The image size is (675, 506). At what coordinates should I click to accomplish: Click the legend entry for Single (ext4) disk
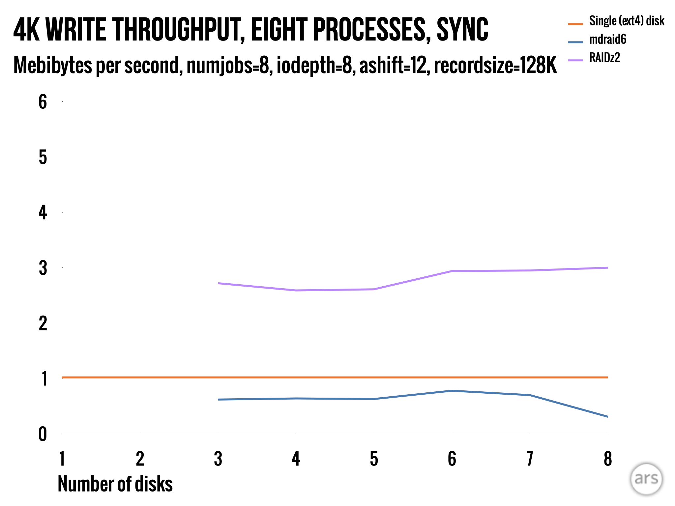point(626,21)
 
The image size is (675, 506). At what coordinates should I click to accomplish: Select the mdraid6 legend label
point(607,40)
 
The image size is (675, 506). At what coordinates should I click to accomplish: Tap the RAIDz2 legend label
point(604,58)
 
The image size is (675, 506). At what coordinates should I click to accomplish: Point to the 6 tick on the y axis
point(43,102)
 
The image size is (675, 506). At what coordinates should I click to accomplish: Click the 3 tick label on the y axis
point(43,268)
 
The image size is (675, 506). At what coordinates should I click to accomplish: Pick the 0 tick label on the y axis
point(43,434)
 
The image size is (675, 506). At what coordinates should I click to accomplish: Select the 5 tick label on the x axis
point(374,459)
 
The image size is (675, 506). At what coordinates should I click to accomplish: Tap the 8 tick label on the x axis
point(607,459)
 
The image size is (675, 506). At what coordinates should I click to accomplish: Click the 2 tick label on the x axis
point(140,459)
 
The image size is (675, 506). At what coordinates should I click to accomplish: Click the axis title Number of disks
point(115,484)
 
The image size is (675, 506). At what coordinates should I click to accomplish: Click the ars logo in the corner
point(646,479)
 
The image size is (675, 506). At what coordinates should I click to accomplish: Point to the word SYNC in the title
point(462,30)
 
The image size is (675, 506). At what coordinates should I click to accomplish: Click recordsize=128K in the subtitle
point(495,65)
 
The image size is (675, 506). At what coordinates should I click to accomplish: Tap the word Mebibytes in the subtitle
point(53,65)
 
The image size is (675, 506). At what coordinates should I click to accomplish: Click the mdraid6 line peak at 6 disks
point(452,391)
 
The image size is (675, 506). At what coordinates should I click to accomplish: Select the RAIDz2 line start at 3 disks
point(218,283)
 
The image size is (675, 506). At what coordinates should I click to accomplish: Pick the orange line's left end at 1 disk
point(63,377)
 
